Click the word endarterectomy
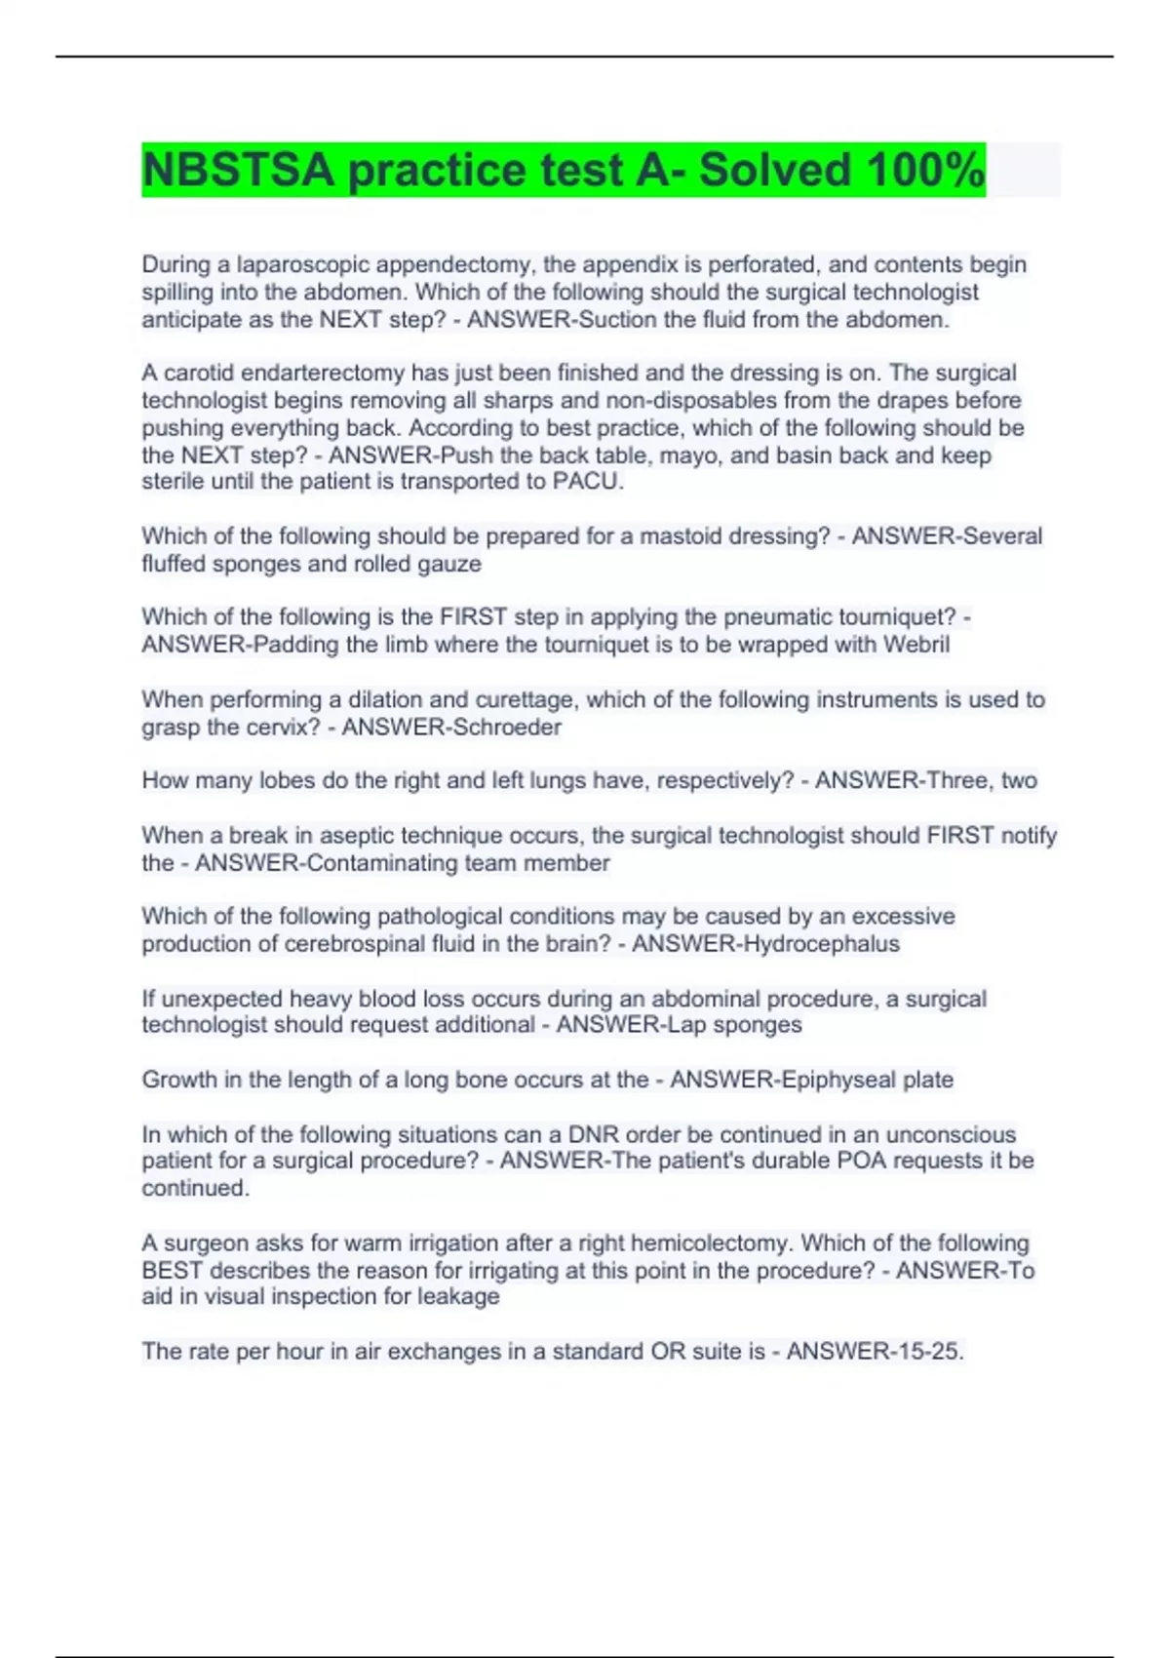click(323, 373)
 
